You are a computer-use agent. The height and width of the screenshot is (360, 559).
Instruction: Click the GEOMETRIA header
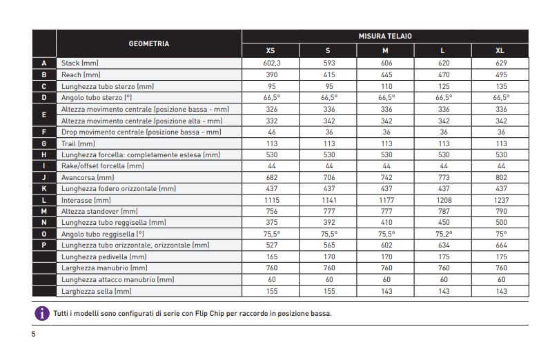149,44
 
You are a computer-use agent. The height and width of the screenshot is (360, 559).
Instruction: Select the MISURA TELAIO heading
385,36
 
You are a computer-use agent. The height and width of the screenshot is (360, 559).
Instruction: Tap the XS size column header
271,50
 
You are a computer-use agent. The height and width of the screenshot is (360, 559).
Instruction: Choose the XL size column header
500,50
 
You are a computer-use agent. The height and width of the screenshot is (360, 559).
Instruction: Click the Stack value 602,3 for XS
272,63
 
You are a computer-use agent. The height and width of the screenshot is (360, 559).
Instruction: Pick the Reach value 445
386,75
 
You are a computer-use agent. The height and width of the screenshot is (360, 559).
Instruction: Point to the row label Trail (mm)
78,143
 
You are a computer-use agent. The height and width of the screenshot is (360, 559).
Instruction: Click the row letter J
44,177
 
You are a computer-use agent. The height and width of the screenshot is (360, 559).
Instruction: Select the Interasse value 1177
386,200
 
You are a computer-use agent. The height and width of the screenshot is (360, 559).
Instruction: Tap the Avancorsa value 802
501,177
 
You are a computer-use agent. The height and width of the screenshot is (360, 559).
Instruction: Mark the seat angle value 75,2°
444,234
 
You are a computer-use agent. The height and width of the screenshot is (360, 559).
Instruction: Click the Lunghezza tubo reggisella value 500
501,223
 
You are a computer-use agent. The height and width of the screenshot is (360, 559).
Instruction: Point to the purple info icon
42,313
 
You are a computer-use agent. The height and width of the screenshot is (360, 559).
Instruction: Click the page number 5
34,334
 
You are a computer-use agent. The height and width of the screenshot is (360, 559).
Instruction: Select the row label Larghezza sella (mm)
96,291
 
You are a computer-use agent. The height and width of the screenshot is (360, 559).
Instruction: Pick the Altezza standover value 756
272,211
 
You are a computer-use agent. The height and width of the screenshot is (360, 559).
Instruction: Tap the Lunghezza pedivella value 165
272,257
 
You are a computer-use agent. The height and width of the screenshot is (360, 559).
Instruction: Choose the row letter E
44,114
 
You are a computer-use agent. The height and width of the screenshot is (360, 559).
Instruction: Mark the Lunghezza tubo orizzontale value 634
444,246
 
